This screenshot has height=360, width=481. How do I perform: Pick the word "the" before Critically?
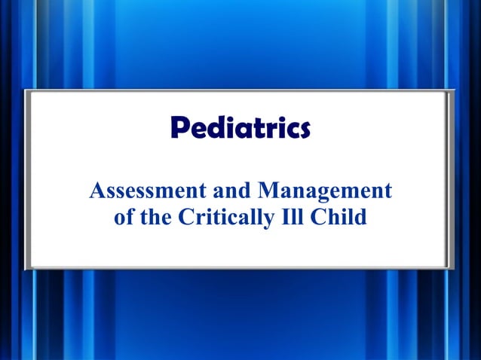160,217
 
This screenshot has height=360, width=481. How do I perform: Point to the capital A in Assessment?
97,191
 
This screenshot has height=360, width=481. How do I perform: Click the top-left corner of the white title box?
26,90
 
